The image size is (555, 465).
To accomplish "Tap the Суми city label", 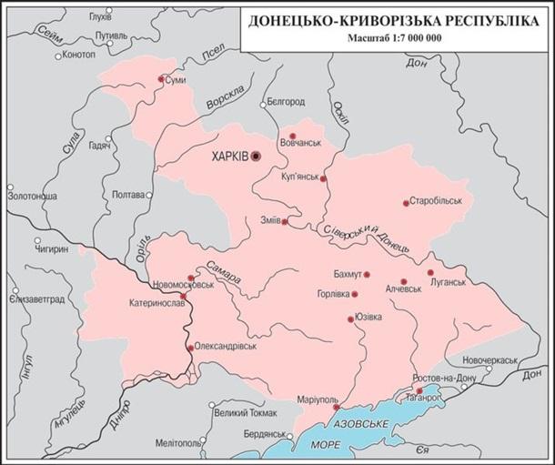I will click(x=178, y=80).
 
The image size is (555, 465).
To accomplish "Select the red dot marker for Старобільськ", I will click(x=405, y=203).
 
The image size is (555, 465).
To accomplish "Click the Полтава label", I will click(x=126, y=195).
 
